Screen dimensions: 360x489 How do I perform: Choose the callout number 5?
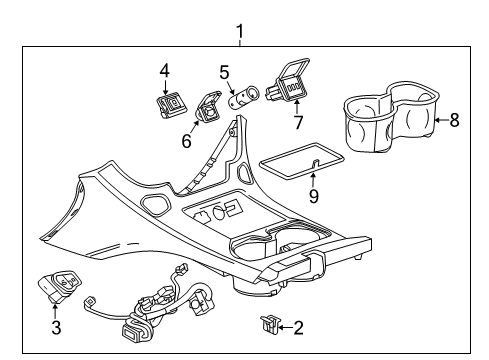tap(226, 71)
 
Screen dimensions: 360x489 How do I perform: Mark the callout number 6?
tap(186, 141)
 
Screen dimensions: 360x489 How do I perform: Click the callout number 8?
tap(454, 121)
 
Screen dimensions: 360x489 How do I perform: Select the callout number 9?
tap(314, 197)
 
